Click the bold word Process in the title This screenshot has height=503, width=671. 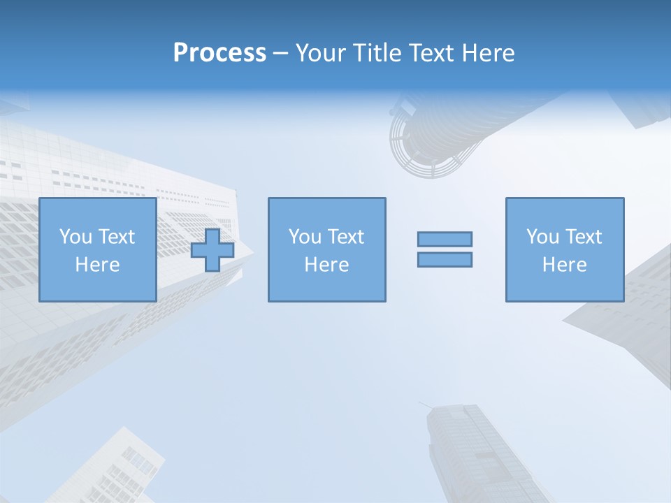pos(219,53)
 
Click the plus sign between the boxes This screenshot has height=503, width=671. pos(212,250)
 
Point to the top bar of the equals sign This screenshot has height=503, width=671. pos(445,239)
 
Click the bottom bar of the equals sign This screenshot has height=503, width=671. pos(445,259)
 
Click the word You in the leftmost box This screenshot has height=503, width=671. pos(75,237)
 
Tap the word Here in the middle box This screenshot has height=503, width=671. pos(326,265)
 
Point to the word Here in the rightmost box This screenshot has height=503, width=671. pos(565,265)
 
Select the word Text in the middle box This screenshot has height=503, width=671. pos(346,237)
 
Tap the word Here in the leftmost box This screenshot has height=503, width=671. pos(97,265)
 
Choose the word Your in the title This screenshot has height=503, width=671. pos(319,53)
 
